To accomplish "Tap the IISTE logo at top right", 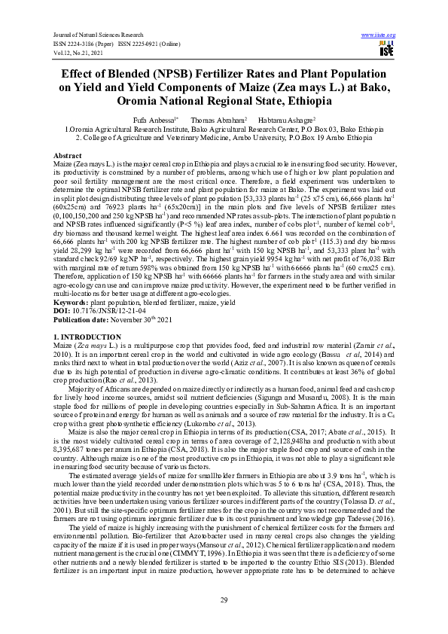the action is click(387, 49).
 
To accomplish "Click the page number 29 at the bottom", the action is click(224, 599).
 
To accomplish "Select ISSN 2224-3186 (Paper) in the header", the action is click(81, 42).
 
